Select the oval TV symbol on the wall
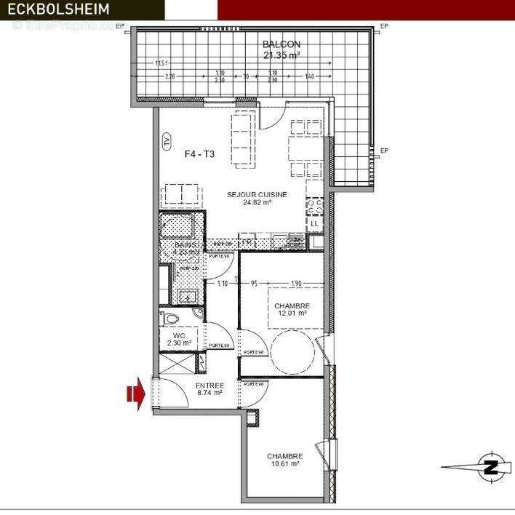tap(167, 140)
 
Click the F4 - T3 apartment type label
tap(199, 154)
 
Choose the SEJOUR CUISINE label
tap(257, 194)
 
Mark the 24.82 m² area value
tap(257, 204)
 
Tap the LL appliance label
tap(314, 223)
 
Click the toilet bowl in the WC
tap(172, 319)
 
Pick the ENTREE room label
tap(209, 385)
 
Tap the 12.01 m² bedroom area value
tap(292, 314)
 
